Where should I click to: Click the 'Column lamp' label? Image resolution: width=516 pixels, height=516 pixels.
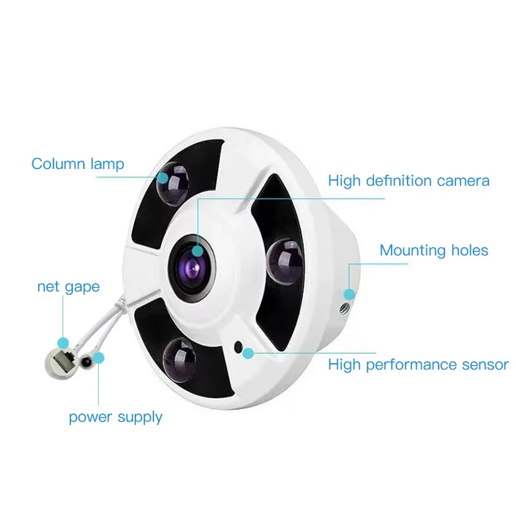(x=77, y=164)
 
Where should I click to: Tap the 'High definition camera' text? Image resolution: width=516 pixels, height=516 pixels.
(x=408, y=181)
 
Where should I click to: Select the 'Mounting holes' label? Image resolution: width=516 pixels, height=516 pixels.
(x=433, y=250)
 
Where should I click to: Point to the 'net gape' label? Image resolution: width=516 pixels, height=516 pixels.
(x=68, y=286)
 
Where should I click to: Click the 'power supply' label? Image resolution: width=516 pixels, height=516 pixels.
(x=115, y=417)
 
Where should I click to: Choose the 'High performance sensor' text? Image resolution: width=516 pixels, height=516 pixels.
(x=418, y=365)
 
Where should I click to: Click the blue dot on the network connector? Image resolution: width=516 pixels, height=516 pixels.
(x=63, y=342)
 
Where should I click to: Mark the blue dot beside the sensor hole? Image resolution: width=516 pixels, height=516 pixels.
(x=248, y=352)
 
